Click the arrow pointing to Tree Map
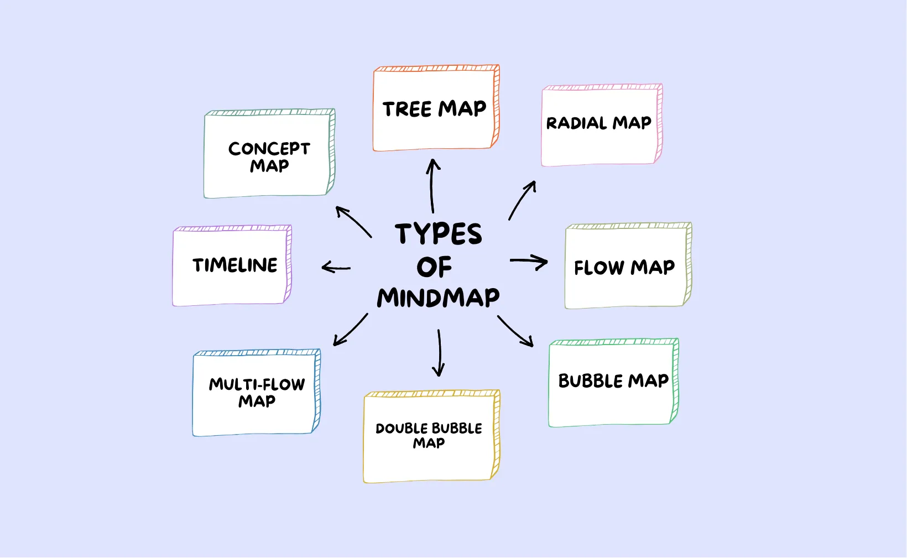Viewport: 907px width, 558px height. pos(432,186)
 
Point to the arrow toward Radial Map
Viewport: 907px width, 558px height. pos(521,200)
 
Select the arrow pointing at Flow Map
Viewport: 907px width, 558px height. pos(529,262)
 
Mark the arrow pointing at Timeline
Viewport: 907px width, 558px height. pos(336,268)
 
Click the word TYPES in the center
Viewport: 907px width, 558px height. pos(438,234)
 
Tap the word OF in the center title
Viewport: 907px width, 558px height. pos(434,268)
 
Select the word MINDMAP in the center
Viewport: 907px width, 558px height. pos(438,298)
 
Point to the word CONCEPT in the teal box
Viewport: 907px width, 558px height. pos(269,148)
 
